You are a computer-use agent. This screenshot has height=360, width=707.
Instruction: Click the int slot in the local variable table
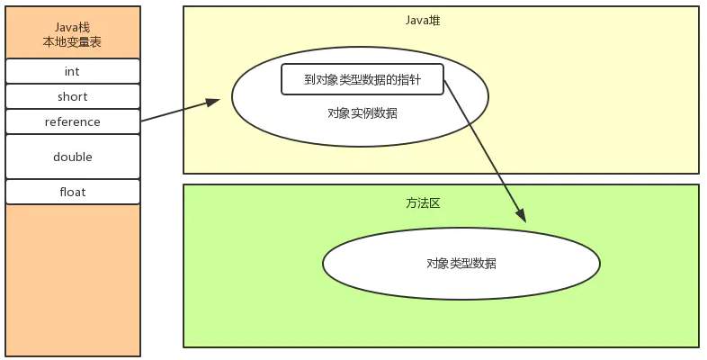73,71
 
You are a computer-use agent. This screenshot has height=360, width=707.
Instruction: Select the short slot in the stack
73,96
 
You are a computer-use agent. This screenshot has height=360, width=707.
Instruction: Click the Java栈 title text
73,26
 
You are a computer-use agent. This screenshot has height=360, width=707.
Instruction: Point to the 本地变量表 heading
73,42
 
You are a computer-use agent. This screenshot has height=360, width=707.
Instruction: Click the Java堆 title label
423,20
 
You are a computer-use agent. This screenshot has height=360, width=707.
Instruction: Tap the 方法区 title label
423,203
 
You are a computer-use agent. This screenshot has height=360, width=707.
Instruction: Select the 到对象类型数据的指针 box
362,79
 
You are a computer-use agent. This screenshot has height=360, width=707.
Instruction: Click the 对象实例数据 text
362,113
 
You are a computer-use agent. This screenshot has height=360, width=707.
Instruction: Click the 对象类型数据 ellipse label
461,263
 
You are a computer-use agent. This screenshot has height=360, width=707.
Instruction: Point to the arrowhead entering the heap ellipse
214,102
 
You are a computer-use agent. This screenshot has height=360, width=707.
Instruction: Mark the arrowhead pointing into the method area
521,216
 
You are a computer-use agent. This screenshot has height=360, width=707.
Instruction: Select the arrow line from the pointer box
484,148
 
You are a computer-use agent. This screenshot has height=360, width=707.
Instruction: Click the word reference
73,121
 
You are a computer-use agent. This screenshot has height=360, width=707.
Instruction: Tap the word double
73,157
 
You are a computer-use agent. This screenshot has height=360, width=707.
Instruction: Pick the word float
73,192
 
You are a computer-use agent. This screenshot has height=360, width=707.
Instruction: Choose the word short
73,96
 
